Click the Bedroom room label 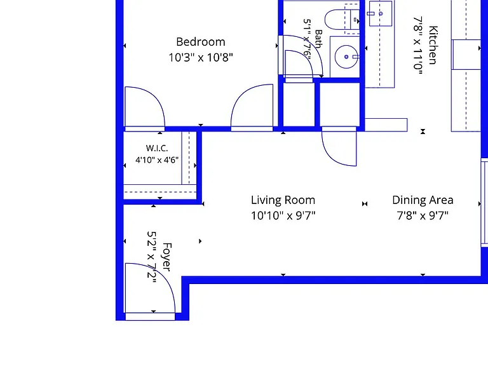pos(200,42)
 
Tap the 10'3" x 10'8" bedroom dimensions pos(200,58)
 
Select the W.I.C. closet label pos(157,148)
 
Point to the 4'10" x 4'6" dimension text pos(157,160)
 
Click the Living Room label pos(283,200)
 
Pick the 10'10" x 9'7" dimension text pos(283,215)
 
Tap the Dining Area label pos(423,200)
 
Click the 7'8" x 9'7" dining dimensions pos(423,215)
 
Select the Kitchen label pos(433,45)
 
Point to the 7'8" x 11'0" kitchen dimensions pos(418,46)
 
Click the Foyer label pos(166,257)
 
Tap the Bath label pos(318,39)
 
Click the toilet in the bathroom pos(342,20)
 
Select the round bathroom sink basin pos(346,57)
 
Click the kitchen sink pos(381,13)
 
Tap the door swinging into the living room pos(339,146)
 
